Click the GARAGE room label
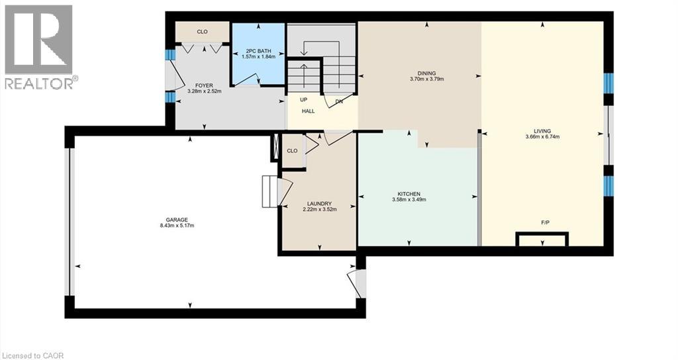click(176, 220)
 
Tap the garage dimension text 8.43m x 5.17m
click(177, 225)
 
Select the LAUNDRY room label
click(320, 204)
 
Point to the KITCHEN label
click(409, 194)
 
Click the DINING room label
click(427, 73)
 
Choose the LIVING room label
click(542, 131)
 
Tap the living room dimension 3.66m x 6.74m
click(542, 136)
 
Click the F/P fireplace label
click(546, 222)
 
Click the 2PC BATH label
click(259, 51)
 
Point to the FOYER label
click(204, 85)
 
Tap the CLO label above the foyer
click(202, 32)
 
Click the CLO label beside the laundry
click(292, 151)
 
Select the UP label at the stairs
click(303, 100)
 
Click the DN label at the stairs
click(339, 101)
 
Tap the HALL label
click(309, 111)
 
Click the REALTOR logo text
click(39, 83)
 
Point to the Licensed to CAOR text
click(32, 355)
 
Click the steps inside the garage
click(270, 191)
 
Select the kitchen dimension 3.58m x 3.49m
click(409, 200)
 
